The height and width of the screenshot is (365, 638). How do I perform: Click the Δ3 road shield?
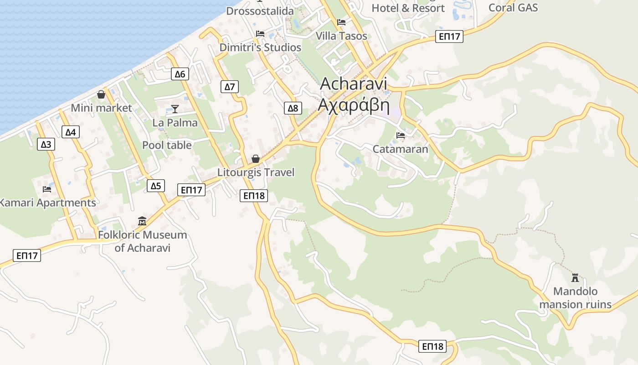click(x=46, y=145)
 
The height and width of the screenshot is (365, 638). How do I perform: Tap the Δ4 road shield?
click(x=70, y=132)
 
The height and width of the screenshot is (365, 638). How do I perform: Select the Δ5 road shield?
click(x=156, y=186)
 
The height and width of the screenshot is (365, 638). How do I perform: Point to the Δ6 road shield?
click(x=180, y=74)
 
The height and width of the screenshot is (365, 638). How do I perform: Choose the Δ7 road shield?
click(x=229, y=87)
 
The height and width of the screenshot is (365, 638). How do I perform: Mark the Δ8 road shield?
click(x=293, y=108)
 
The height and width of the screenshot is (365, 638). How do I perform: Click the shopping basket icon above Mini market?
click(x=101, y=94)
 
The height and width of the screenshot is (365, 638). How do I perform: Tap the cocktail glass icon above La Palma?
click(x=175, y=109)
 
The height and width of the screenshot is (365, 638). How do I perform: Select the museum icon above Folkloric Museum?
click(x=142, y=221)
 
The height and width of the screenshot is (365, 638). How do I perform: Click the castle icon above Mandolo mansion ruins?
click(x=575, y=277)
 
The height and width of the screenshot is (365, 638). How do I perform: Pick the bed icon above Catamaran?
click(x=401, y=135)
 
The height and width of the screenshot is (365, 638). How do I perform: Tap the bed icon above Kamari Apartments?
click(x=47, y=189)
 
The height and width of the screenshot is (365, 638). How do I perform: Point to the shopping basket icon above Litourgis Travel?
click(x=256, y=159)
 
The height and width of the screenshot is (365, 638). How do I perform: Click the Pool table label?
click(x=167, y=145)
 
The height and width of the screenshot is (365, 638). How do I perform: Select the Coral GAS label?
click(x=513, y=7)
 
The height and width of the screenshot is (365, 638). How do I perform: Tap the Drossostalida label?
click(x=260, y=10)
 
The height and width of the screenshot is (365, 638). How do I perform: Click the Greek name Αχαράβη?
click(x=354, y=105)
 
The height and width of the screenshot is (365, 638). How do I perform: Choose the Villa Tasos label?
click(x=341, y=36)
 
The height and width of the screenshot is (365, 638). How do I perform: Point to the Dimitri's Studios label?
click(x=260, y=47)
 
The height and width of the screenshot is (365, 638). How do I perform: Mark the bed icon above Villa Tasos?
click(x=341, y=22)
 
